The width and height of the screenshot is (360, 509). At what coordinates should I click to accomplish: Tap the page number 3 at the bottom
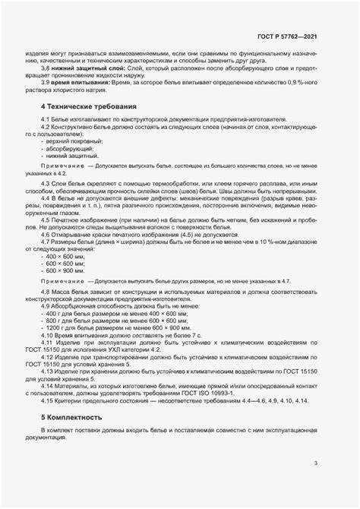tap(315, 463)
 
